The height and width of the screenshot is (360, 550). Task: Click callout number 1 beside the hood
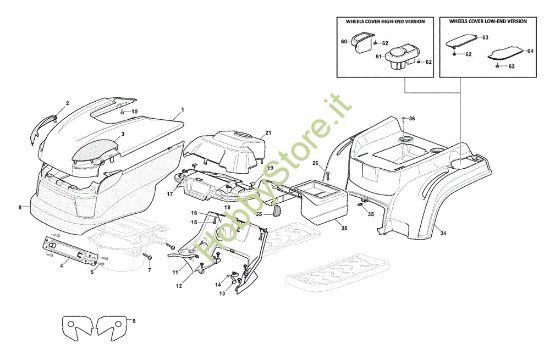point(182,108)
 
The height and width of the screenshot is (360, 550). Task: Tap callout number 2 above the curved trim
point(67,103)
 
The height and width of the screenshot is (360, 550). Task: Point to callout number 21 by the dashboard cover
point(268,133)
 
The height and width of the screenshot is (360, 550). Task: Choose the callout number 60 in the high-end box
point(344,41)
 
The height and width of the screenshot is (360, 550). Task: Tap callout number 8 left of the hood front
point(18,207)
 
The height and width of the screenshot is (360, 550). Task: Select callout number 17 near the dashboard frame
point(170,194)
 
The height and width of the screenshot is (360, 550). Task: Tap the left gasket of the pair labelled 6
point(78,324)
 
